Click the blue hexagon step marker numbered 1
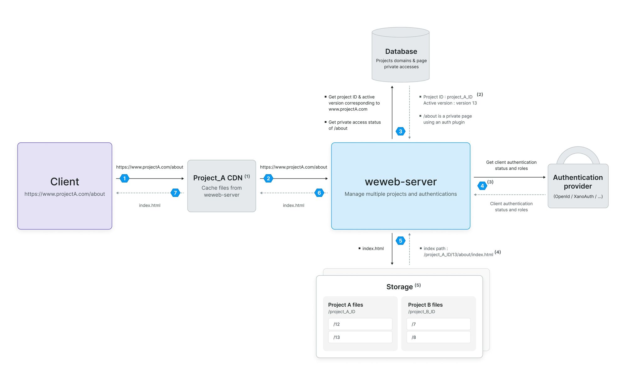(125, 178)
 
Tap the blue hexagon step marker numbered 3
(400, 131)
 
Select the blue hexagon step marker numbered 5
(400, 241)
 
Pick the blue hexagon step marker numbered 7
(175, 193)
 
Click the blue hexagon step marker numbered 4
(482, 186)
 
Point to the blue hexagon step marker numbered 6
(319, 193)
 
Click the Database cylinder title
(401, 51)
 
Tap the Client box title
(65, 182)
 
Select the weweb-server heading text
(401, 182)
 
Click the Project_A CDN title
(218, 178)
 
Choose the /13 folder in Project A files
(360, 337)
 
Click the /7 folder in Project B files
(439, 324)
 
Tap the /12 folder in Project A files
(360, 324)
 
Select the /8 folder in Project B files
(439, 337)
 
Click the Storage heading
(399, 287)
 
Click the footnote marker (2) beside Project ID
(480, 94)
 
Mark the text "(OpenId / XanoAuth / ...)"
(578, 196)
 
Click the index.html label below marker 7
(150, 205)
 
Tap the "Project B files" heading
(425, 305)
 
